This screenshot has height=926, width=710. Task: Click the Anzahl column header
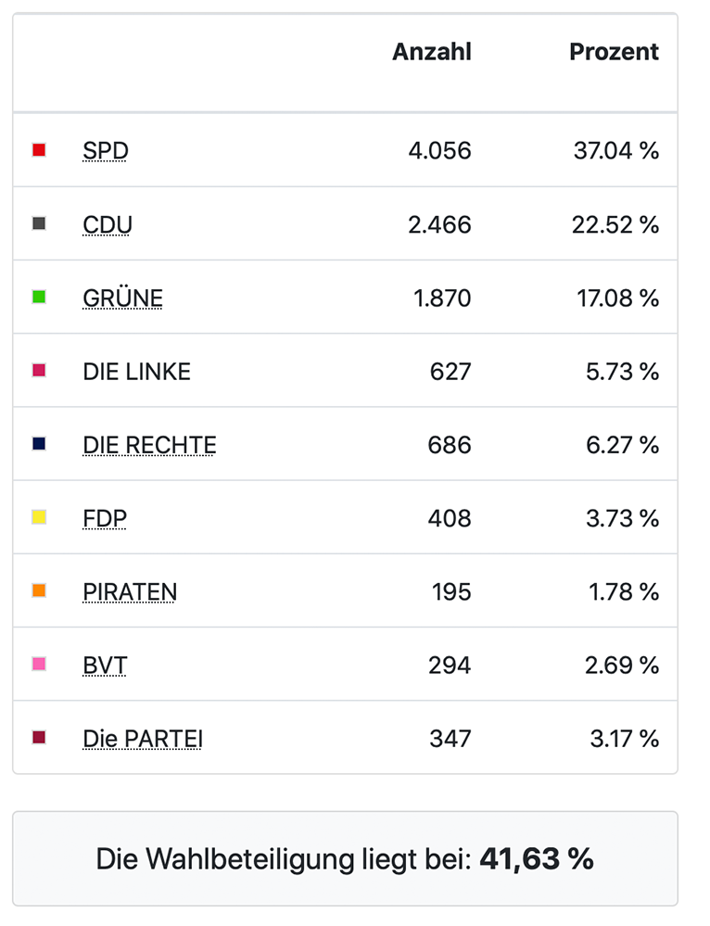pyautogui.click(x=431, y=52)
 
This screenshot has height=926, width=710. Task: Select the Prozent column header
pyautogui.click(x=614, y=52)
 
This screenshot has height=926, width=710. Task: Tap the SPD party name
pyautogui.click(x=105, y=150)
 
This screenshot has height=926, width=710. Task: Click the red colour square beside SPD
pyautogui.click(x=39, y=150)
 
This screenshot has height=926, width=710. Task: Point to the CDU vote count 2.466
pyautogui.click(x=439, y=224)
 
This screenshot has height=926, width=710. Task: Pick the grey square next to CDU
pyautogui.click(x=39, y=223)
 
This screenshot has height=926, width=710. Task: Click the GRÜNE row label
pyautogui.click(x=122, y=298)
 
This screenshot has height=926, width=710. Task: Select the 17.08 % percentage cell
pyautogui.click(x=615, y=298)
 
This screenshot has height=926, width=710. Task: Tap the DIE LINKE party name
pyautogui.click(x=136, y=372)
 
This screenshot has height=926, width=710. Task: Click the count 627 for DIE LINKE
pyautogui.click(x=450, y=372)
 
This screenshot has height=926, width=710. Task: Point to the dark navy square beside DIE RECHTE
pyautogui.click(x=39, y=444)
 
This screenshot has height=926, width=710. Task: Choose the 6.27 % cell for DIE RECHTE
pyautogui.click(x=622, y=445)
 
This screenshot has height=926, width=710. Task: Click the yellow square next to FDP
pyautogui.click(x=39, y=517)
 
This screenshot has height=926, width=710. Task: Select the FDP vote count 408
pyautogui.click(x=450, y=518)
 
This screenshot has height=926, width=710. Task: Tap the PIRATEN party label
pyautogui.click(x=130, y=591)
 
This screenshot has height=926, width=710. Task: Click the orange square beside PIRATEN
pyautogui.click(x=39, y=590)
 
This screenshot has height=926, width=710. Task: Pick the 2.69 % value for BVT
pyautogui.click(x=622, y=666)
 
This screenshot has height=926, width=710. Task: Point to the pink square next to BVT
pyautogui.click(x=39, y=664)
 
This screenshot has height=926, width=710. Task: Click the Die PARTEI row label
pyautogui.click(x=143, y=739)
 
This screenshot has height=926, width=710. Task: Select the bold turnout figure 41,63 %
pyautogui.click(x=536, y=859)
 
